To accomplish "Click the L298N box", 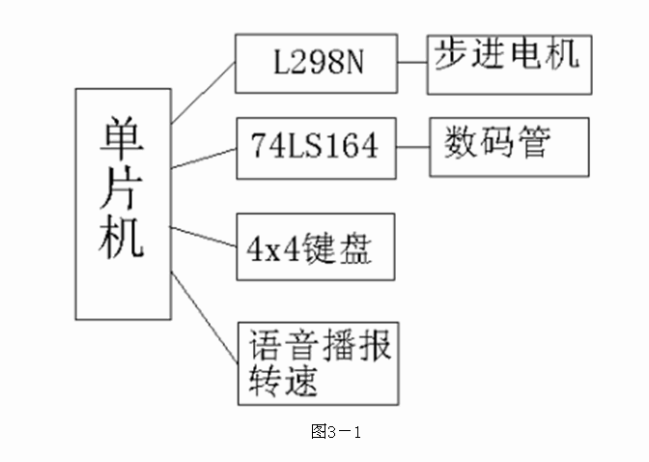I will [x=315, y=64].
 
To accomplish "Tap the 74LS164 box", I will [x=315, y=149].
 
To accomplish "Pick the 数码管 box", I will [x=509, y=147].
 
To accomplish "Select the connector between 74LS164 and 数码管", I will [x=412, y=148].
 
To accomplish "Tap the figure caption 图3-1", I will [x=335, y=432].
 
